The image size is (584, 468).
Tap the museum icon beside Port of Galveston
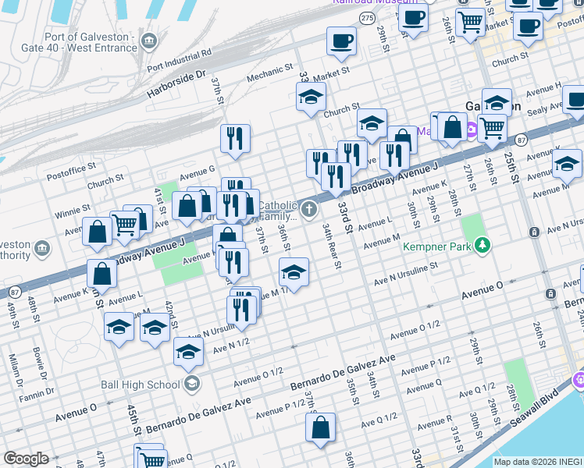[x=151, y=40]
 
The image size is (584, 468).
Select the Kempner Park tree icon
[x=483, y=246]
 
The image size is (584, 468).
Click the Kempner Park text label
[x=438, y=246]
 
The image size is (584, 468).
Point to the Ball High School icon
[x=191, y=384]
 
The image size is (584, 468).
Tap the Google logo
[x=26, y=459]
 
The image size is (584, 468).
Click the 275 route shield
[x=366, y=16]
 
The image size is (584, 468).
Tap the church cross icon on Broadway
[x=310, y=209]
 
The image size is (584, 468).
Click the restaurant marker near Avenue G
[x=235, y=139]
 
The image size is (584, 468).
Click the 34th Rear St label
[x=333, y=244]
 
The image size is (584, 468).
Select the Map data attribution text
[x=538, y=462]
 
